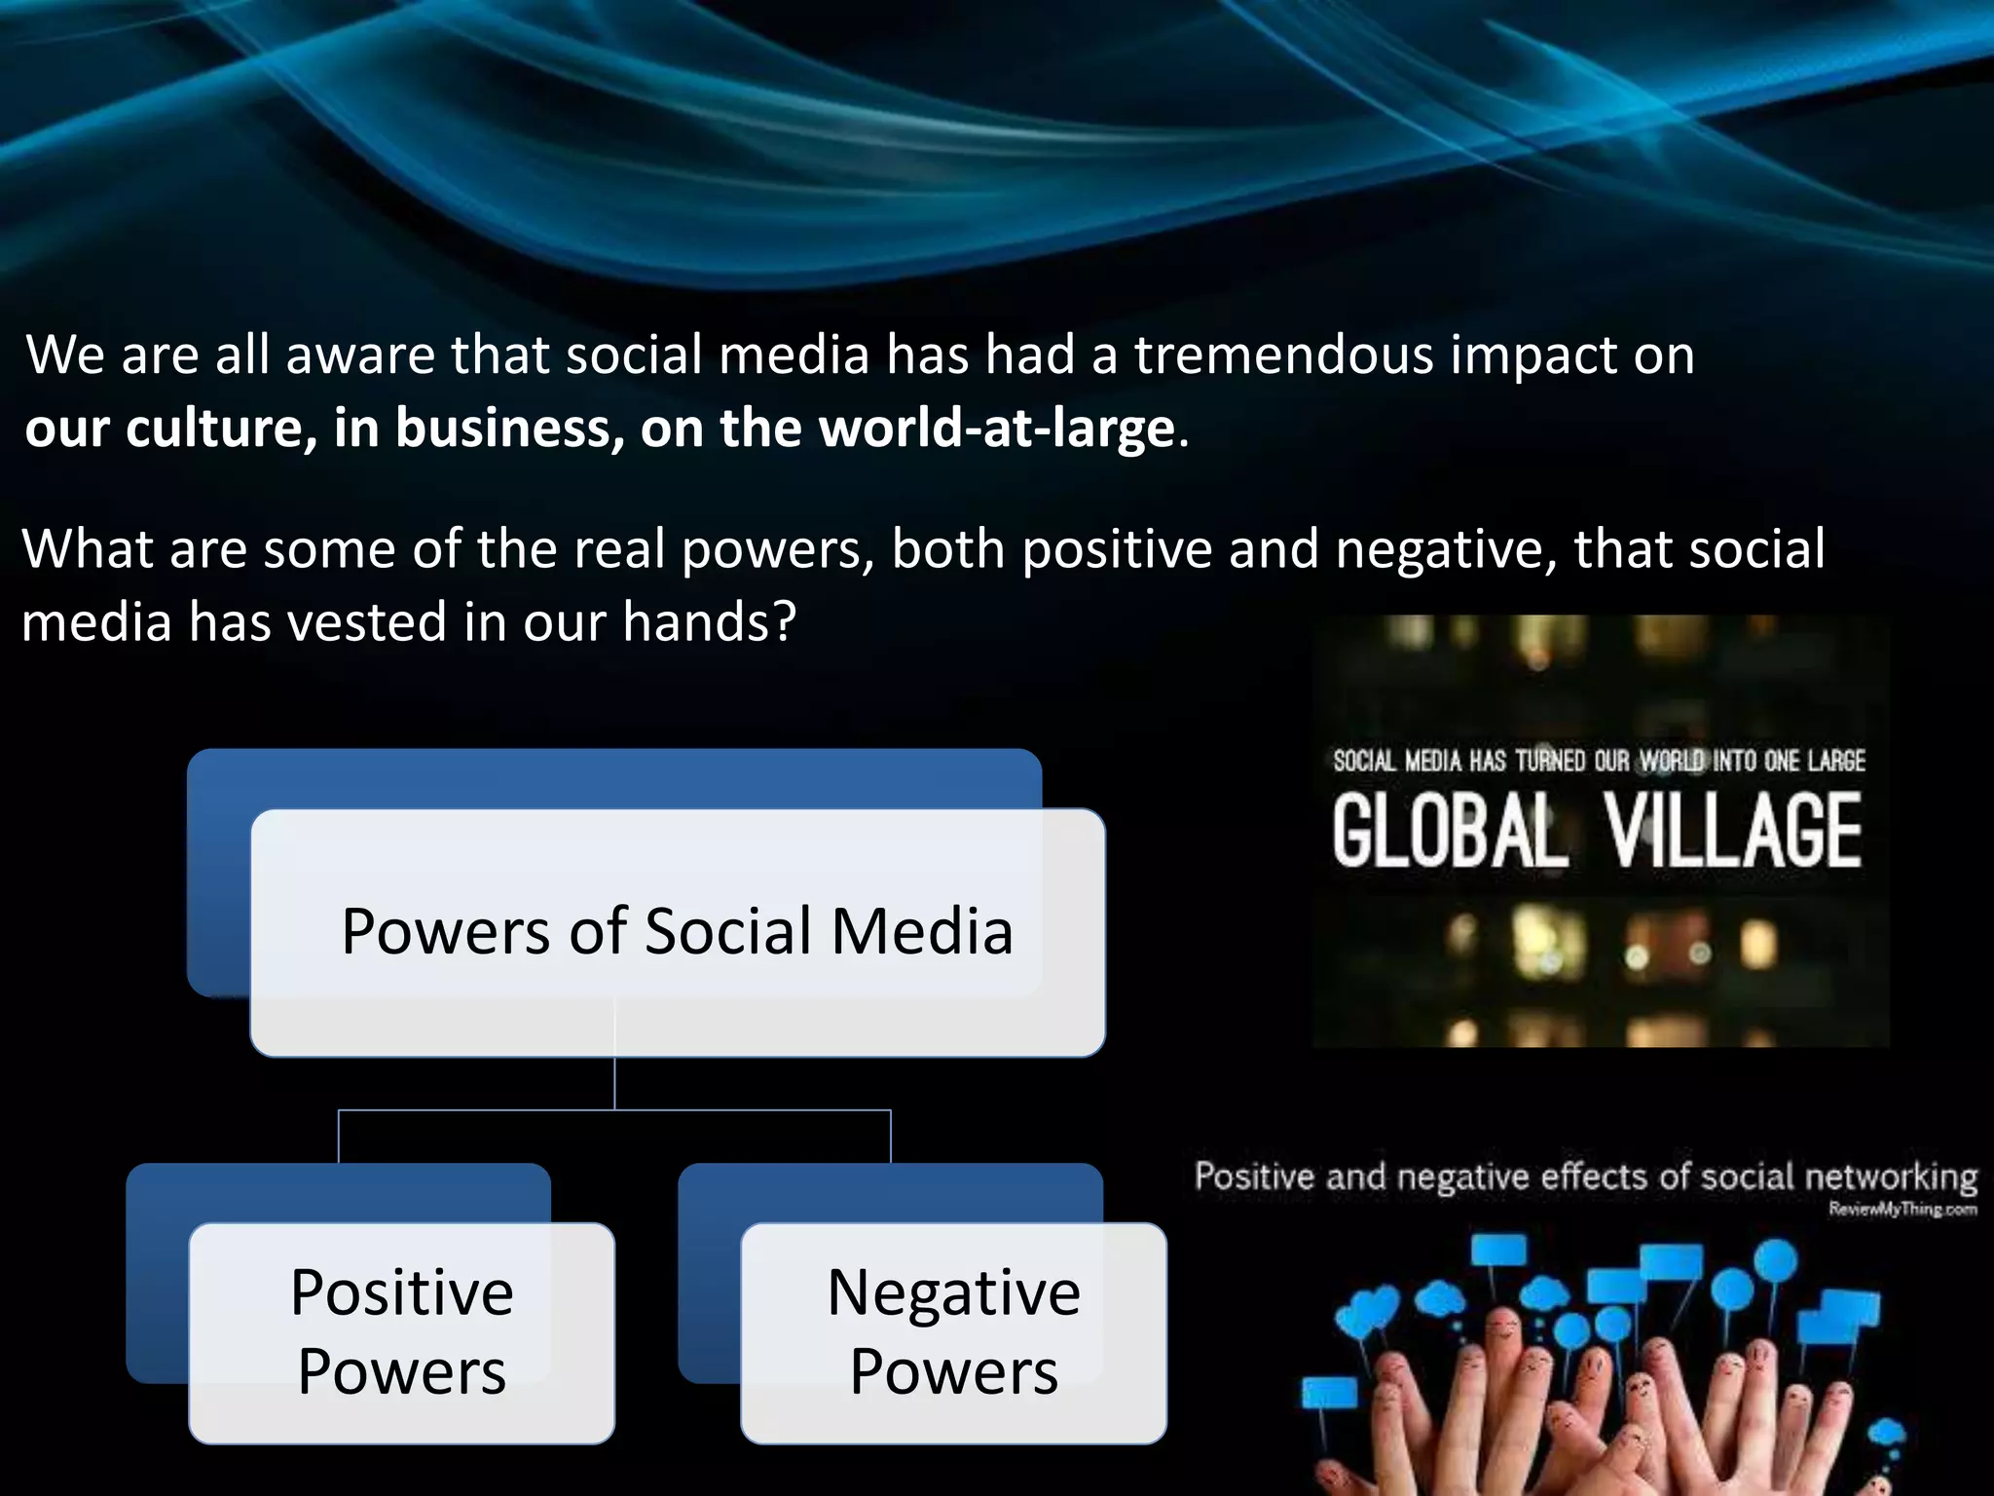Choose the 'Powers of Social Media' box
tap(677, 931)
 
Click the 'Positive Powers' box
tap(401, 1332)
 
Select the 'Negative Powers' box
tap(953, 1332)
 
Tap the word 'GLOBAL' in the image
tap(1450, 831)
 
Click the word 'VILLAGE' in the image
tap(1734, 831)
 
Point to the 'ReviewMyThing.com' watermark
tap(1902, 1210)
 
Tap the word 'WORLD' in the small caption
tap(1672, 761)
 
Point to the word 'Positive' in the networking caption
tap(1255, 1178)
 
